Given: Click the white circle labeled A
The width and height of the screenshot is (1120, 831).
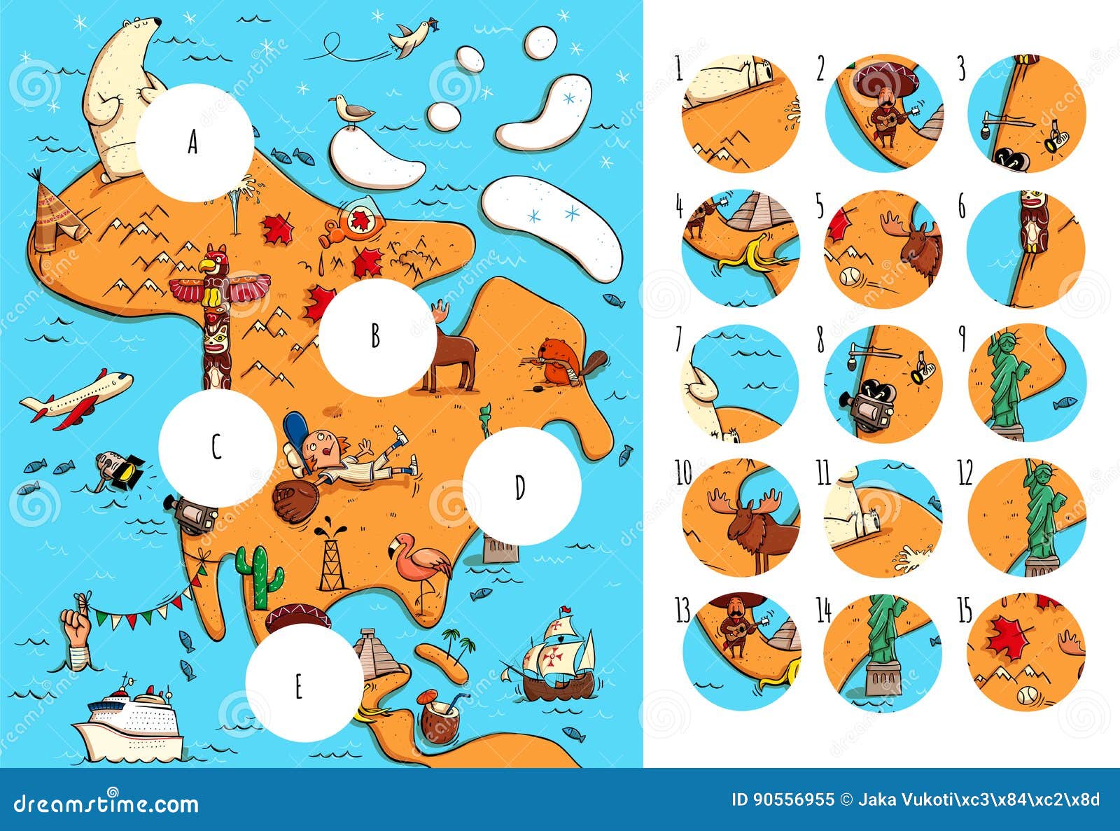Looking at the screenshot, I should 194,143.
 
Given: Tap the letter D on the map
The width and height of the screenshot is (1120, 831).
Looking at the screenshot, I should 519,487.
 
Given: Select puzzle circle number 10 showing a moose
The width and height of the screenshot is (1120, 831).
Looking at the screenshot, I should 741,517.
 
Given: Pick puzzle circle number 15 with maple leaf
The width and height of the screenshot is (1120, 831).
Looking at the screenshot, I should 1026,652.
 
